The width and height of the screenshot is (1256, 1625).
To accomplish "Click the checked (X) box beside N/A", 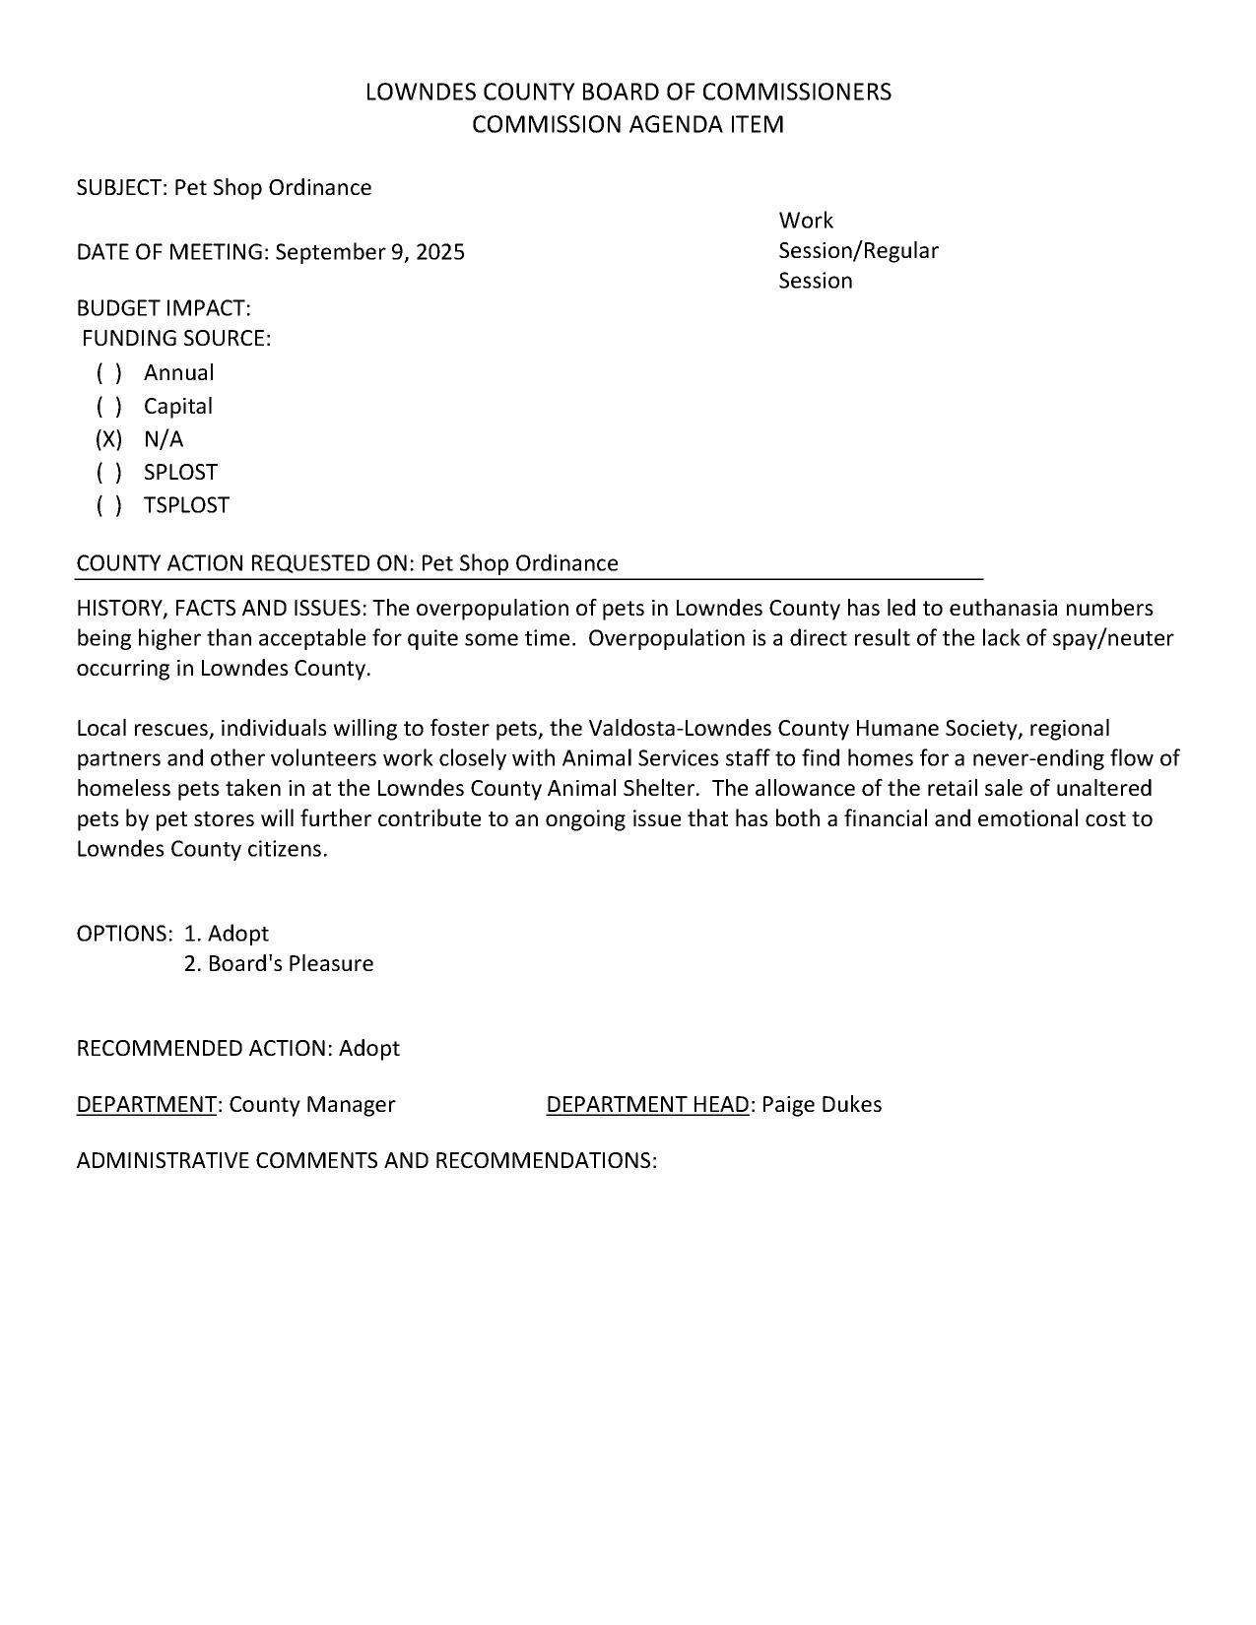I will tap(108, 439).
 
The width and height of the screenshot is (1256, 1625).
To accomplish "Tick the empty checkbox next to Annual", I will tap(108, 373).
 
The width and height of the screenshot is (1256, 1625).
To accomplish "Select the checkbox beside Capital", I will tap(108, 407).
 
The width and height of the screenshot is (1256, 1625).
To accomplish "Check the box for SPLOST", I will tap(108, 473).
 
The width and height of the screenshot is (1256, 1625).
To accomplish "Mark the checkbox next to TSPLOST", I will tap(108, 505).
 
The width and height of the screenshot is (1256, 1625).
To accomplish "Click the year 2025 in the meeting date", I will tap(439, 252).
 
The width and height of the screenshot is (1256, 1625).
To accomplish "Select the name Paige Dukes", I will tap(822, 1104).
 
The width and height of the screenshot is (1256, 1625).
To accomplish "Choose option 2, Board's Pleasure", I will tap(279, 963).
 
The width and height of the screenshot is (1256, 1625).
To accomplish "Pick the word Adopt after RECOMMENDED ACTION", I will tap(369, 1048).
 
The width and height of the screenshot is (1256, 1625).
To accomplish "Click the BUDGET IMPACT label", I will tap(164, 308).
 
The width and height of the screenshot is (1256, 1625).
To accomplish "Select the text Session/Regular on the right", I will tap(858, 250).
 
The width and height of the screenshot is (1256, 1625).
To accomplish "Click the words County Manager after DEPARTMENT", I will tap(311, 1104).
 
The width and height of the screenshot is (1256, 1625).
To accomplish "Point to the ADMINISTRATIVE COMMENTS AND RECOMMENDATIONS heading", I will tap(366, 1160).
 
